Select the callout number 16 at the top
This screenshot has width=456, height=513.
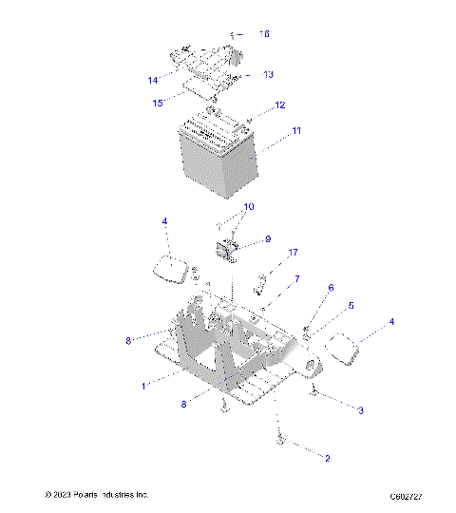pyautogui.click(x=265, y=34)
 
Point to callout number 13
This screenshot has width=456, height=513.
pyautogui.click(x=268, y=74)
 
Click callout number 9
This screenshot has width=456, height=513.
pyautogui.click(x=268, y=239)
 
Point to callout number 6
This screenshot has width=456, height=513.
pyautogui.click(x=331, y=287)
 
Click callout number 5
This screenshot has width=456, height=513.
pyautogui.click(x=351, y=306)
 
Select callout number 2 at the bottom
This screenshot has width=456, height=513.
pyautogui.click(x=328, y=458)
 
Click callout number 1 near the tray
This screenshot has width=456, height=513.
pyautogui.click(x=143, y=386)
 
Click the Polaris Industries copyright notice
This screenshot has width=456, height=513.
pyautogui.click(x=97, y=495)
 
